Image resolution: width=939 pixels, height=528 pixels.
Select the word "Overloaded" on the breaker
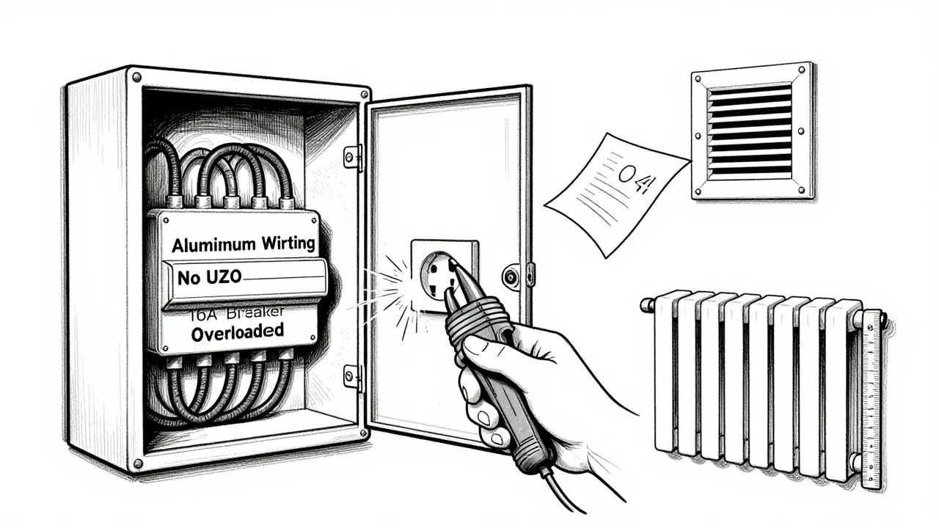(x=237, y=331)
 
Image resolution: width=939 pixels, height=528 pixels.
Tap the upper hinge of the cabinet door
(x=354, y=155)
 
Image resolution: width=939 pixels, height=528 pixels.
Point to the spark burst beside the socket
(x=392, y=287)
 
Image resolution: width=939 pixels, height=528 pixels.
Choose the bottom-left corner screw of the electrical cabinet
(x=137, y=463)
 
